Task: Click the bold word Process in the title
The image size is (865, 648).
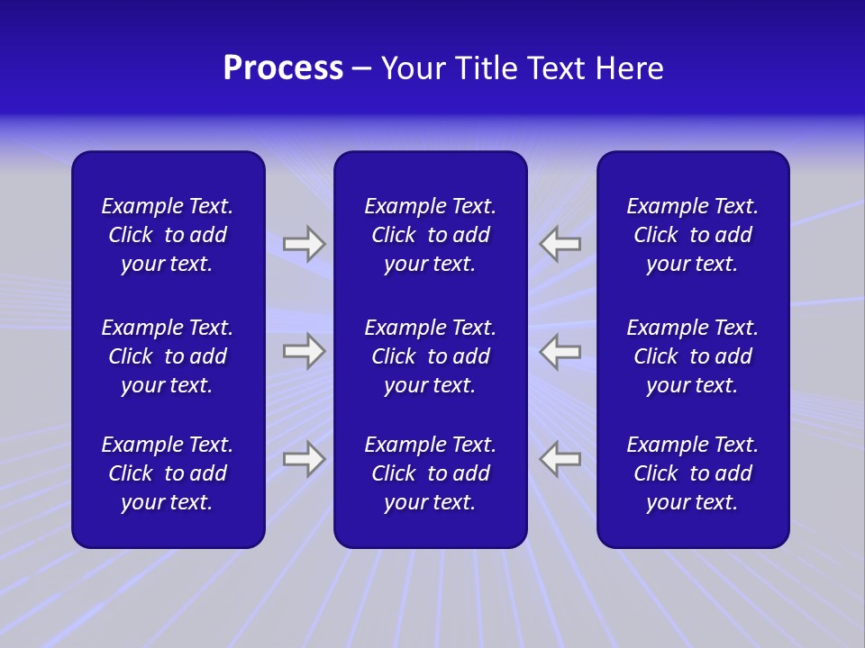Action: click(283, 68)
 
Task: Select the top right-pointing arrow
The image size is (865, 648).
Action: click(304, 243)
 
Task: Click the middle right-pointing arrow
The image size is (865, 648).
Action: click(304, 351)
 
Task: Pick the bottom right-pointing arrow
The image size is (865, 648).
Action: click(304, 459)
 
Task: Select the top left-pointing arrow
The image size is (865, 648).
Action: click(560, 243)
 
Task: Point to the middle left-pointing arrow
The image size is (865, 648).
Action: click(560, 351)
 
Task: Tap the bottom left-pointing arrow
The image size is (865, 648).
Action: click(560, 459)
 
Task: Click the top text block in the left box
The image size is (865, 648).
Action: click(168, 235)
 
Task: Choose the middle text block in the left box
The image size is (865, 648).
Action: click(168, 356)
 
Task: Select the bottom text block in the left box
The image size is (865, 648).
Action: click(168, 473)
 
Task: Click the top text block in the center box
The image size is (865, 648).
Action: click(430, 235)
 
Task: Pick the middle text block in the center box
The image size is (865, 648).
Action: click(430, 356)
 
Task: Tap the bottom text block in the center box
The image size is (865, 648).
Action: click(430, 473)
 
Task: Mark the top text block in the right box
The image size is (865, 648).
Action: click(692, 235)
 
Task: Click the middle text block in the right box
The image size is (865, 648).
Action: click(692, 356)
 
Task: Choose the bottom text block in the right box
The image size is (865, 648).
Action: click(692, 473)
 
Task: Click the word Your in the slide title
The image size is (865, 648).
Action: click(412, 68)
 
